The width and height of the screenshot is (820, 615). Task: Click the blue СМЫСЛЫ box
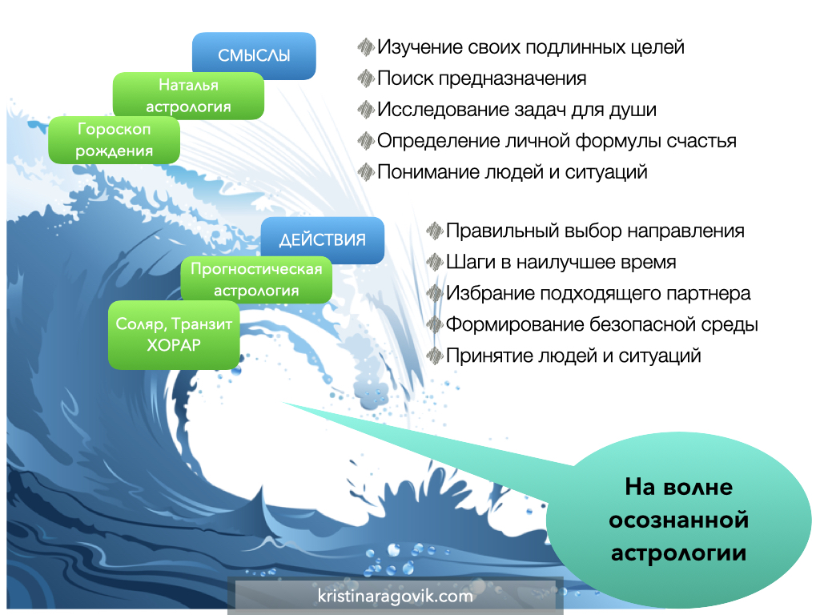(x=254, y=55)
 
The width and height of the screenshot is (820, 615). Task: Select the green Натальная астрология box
(x=188, y=96)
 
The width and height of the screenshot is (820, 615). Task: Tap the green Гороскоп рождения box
(x=114, y=139)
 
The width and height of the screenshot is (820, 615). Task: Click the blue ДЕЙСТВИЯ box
(x=322, y=240)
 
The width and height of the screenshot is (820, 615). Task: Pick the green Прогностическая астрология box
(x=256, y=279)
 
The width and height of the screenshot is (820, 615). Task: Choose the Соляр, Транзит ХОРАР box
(x=174, y=335)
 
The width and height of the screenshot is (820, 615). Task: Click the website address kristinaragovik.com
(x=396, y=596)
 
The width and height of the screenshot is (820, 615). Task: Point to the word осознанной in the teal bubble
(x=679, y=520)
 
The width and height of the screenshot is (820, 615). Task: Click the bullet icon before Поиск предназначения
(x=366, y=78)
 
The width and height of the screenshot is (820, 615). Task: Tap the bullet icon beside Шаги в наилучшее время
(x=435, y=262)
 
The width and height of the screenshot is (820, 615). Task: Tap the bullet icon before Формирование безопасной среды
(x=435, y=324)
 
